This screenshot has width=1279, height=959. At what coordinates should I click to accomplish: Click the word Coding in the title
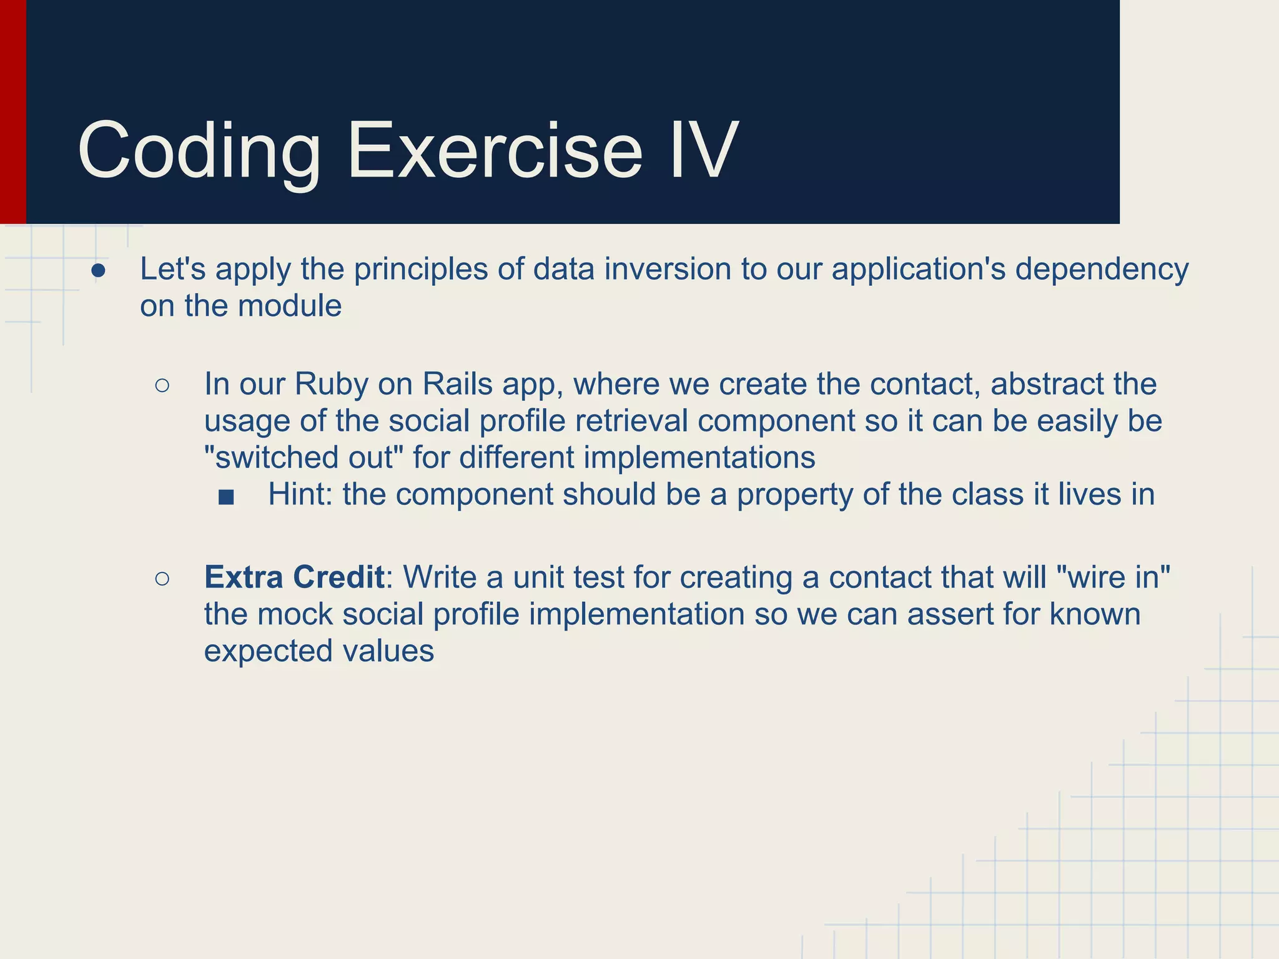tap(199, 152)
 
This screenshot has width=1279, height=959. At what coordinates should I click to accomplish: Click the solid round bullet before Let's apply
tap(98, 270)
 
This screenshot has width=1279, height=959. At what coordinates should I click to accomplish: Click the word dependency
tap(1102, 270)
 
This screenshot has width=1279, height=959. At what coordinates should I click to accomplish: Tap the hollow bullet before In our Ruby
tap(162, 385)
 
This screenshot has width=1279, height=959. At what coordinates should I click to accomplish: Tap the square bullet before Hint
tap(226, 497)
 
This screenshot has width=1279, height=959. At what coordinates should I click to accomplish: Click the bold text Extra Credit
tap(294, 578)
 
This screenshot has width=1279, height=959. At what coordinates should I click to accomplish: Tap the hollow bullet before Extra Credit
tap(162, 579)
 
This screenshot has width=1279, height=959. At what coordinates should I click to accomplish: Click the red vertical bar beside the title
tap(12, 112)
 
